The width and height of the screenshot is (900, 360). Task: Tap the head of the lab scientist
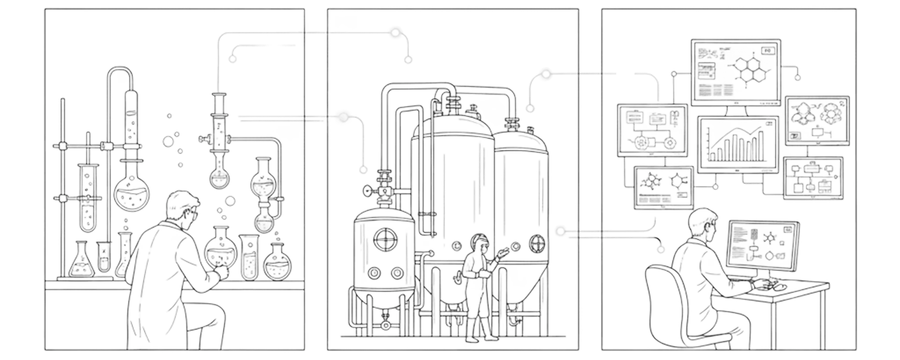point(182,206)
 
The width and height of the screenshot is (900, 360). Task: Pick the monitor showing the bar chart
point(738,144)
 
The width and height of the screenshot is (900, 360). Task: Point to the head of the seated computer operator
point(702,224)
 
